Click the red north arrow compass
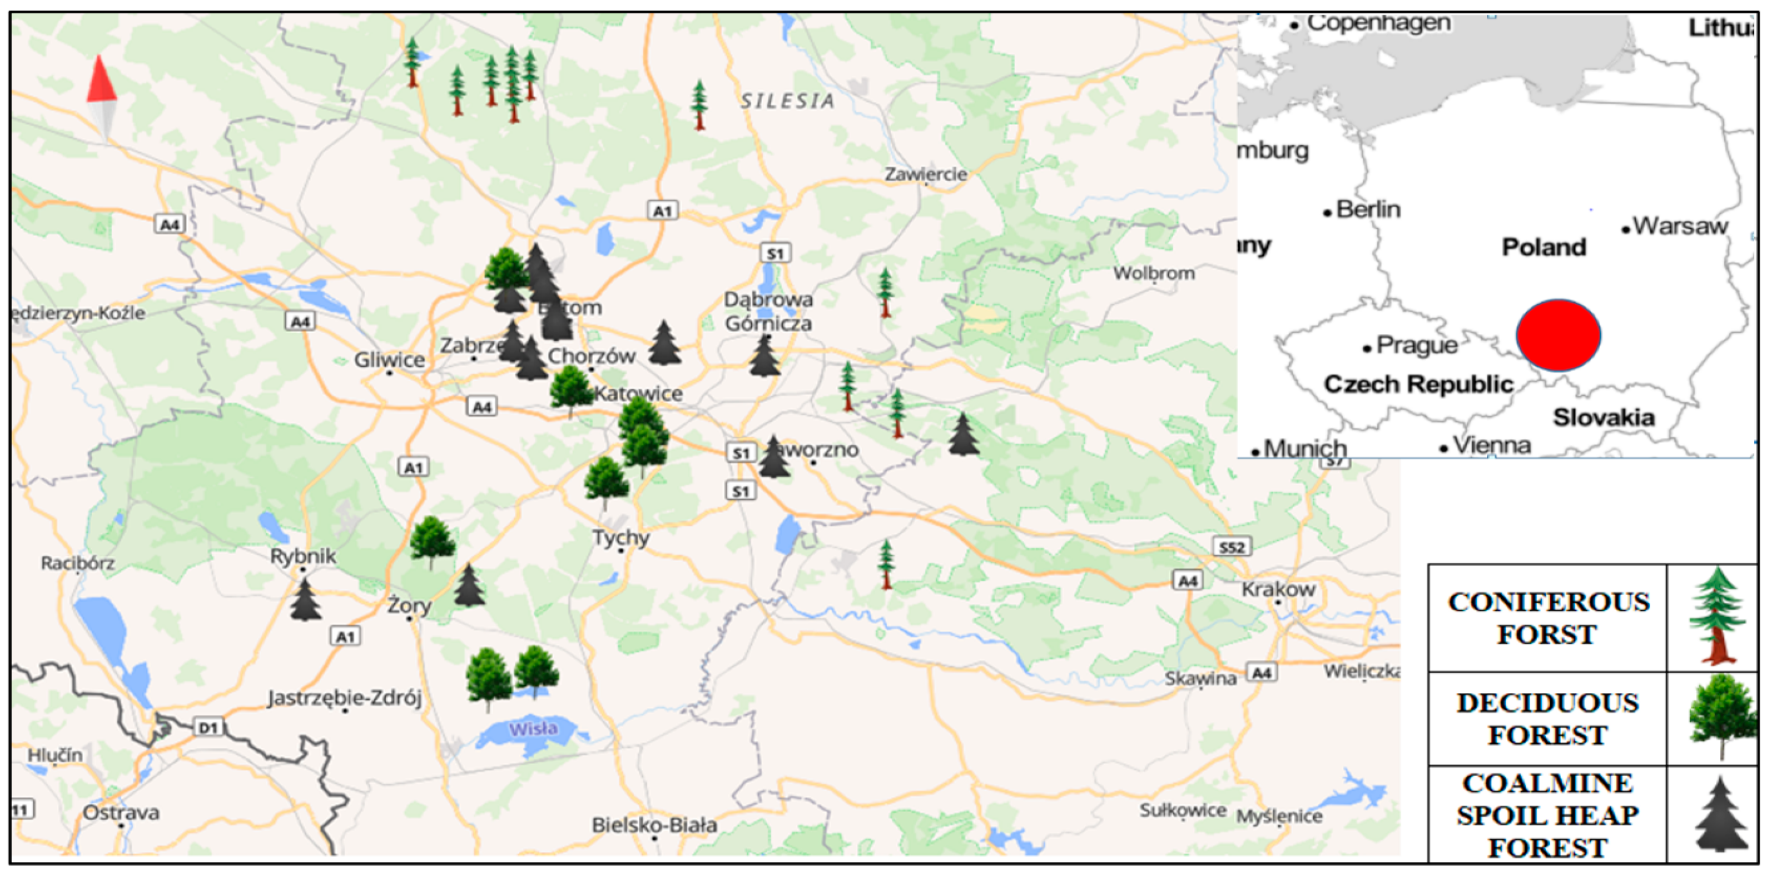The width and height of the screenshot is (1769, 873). tap(101, 96)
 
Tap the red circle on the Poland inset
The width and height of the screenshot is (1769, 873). tap(1557, 335)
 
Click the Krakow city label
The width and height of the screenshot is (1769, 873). tap(1278, 589)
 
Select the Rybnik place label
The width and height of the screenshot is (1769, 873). tap(303, 556)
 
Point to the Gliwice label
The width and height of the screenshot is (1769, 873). tap(389, 359)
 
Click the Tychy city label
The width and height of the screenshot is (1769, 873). tap(621, 537)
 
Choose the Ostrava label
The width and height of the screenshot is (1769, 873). tap(121, 813)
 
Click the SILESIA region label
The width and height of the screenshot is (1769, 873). tap(787, 101)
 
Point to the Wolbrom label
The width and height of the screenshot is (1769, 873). tap(1154, 273)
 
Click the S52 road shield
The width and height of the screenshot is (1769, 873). tap(1232, 548)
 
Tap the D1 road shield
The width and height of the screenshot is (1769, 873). tap(208, 727)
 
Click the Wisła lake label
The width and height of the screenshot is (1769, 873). tap(533, 728)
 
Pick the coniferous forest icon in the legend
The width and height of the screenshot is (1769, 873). tap(1716, 616)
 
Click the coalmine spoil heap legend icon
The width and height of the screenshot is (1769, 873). tap(1720, 815)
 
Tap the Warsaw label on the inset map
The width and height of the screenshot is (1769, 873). tap(1680, 225)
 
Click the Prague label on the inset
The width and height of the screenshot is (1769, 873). tap(1416, 345)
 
